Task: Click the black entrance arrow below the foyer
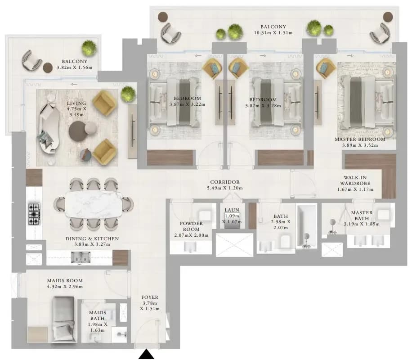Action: (146, 354)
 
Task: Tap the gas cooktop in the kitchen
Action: (34, 214)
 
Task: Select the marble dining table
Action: (94, 204)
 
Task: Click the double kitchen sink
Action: (81, 257)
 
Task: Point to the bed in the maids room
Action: (63, 319)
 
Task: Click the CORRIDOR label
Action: (225, 182)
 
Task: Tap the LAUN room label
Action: (232, 210)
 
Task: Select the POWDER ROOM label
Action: (191, 226)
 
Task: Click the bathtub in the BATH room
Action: (306, 227)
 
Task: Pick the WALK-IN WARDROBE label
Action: (355, 180)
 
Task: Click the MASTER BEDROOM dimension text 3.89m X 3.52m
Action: (360, 145)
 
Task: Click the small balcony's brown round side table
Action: (48, 67)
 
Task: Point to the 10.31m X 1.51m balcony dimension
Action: (273, 33)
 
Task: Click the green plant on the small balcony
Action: (89, 48)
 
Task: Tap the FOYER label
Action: (150, 297)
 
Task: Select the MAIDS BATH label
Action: (98, 315)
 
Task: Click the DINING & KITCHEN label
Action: (92, 239)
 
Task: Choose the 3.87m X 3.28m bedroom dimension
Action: (263, 106)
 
